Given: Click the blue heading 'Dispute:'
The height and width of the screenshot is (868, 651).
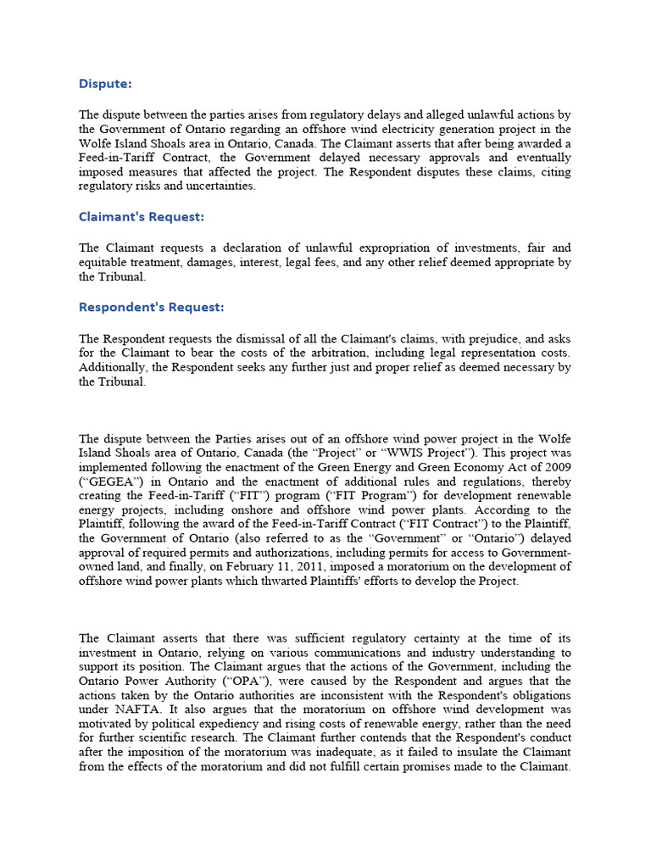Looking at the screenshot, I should pyautogui.click(x=105, y=83).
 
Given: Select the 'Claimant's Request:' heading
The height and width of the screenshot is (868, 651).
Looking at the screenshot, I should pyautogui.click(x=142, y=216).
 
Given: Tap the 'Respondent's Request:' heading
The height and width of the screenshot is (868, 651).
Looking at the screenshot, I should pyautogui.click(x=151, y=306).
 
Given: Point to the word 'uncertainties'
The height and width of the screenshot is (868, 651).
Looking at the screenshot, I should pyautogui.click(x=220, y=186).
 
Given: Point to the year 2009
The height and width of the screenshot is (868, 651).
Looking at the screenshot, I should pyautogui.click(x=557, y=467).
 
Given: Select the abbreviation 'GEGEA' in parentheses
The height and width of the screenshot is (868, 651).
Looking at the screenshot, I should pyautogui.click(x=107, y=481).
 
